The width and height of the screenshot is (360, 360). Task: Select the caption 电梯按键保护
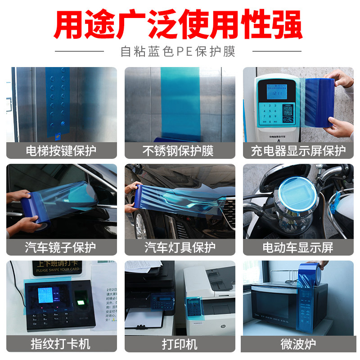point(61,150)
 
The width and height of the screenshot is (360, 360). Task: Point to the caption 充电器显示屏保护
point(298,150)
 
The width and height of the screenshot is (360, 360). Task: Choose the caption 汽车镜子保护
point(61,247)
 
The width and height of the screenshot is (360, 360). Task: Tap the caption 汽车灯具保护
point(180,247)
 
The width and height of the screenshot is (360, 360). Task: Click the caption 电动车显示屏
point(298,247)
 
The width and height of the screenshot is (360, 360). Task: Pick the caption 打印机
point(180,344)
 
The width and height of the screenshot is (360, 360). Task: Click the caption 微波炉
point(298,344)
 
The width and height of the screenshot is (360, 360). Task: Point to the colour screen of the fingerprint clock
point(46,295)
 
